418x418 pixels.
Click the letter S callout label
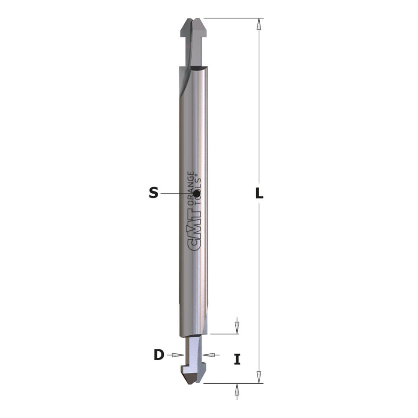[153, 193]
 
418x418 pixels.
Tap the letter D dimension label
[159, 355]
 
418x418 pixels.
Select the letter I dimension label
[237, 359]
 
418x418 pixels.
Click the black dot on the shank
[197, 193]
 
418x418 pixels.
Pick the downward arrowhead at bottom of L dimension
[259, 377]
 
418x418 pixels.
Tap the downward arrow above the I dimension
[237, 327]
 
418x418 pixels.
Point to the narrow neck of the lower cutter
[194, 352]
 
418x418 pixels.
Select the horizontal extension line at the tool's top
[233, 18]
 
